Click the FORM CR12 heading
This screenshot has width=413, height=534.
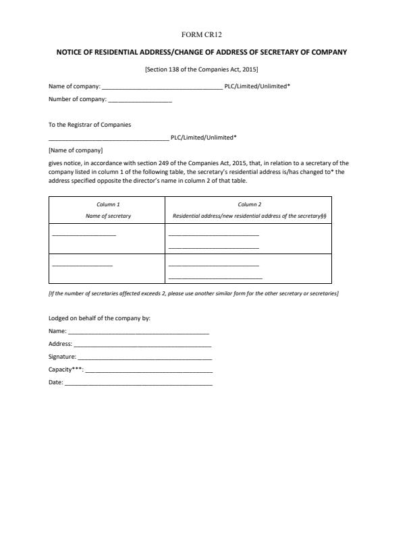tap(206, 34)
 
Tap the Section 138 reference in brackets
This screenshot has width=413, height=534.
tap(202, 69)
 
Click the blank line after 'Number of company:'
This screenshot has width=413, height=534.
tap(140, 100)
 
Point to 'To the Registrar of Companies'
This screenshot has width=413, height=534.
tap(90, 125)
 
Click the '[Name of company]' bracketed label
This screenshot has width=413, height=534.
tap(76, 150)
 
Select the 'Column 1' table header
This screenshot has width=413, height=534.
tap(108, 204)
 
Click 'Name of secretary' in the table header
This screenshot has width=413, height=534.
tap(108, 216)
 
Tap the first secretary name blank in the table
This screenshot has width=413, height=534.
tap(84, 234)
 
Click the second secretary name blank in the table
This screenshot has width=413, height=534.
tap(82, 265)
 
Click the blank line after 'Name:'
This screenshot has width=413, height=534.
tap(138, 332)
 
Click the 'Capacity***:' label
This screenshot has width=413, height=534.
tap(66, 369)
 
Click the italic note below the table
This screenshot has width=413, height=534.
tap(194, 293)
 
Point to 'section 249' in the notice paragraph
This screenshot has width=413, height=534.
tap(158, 162)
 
